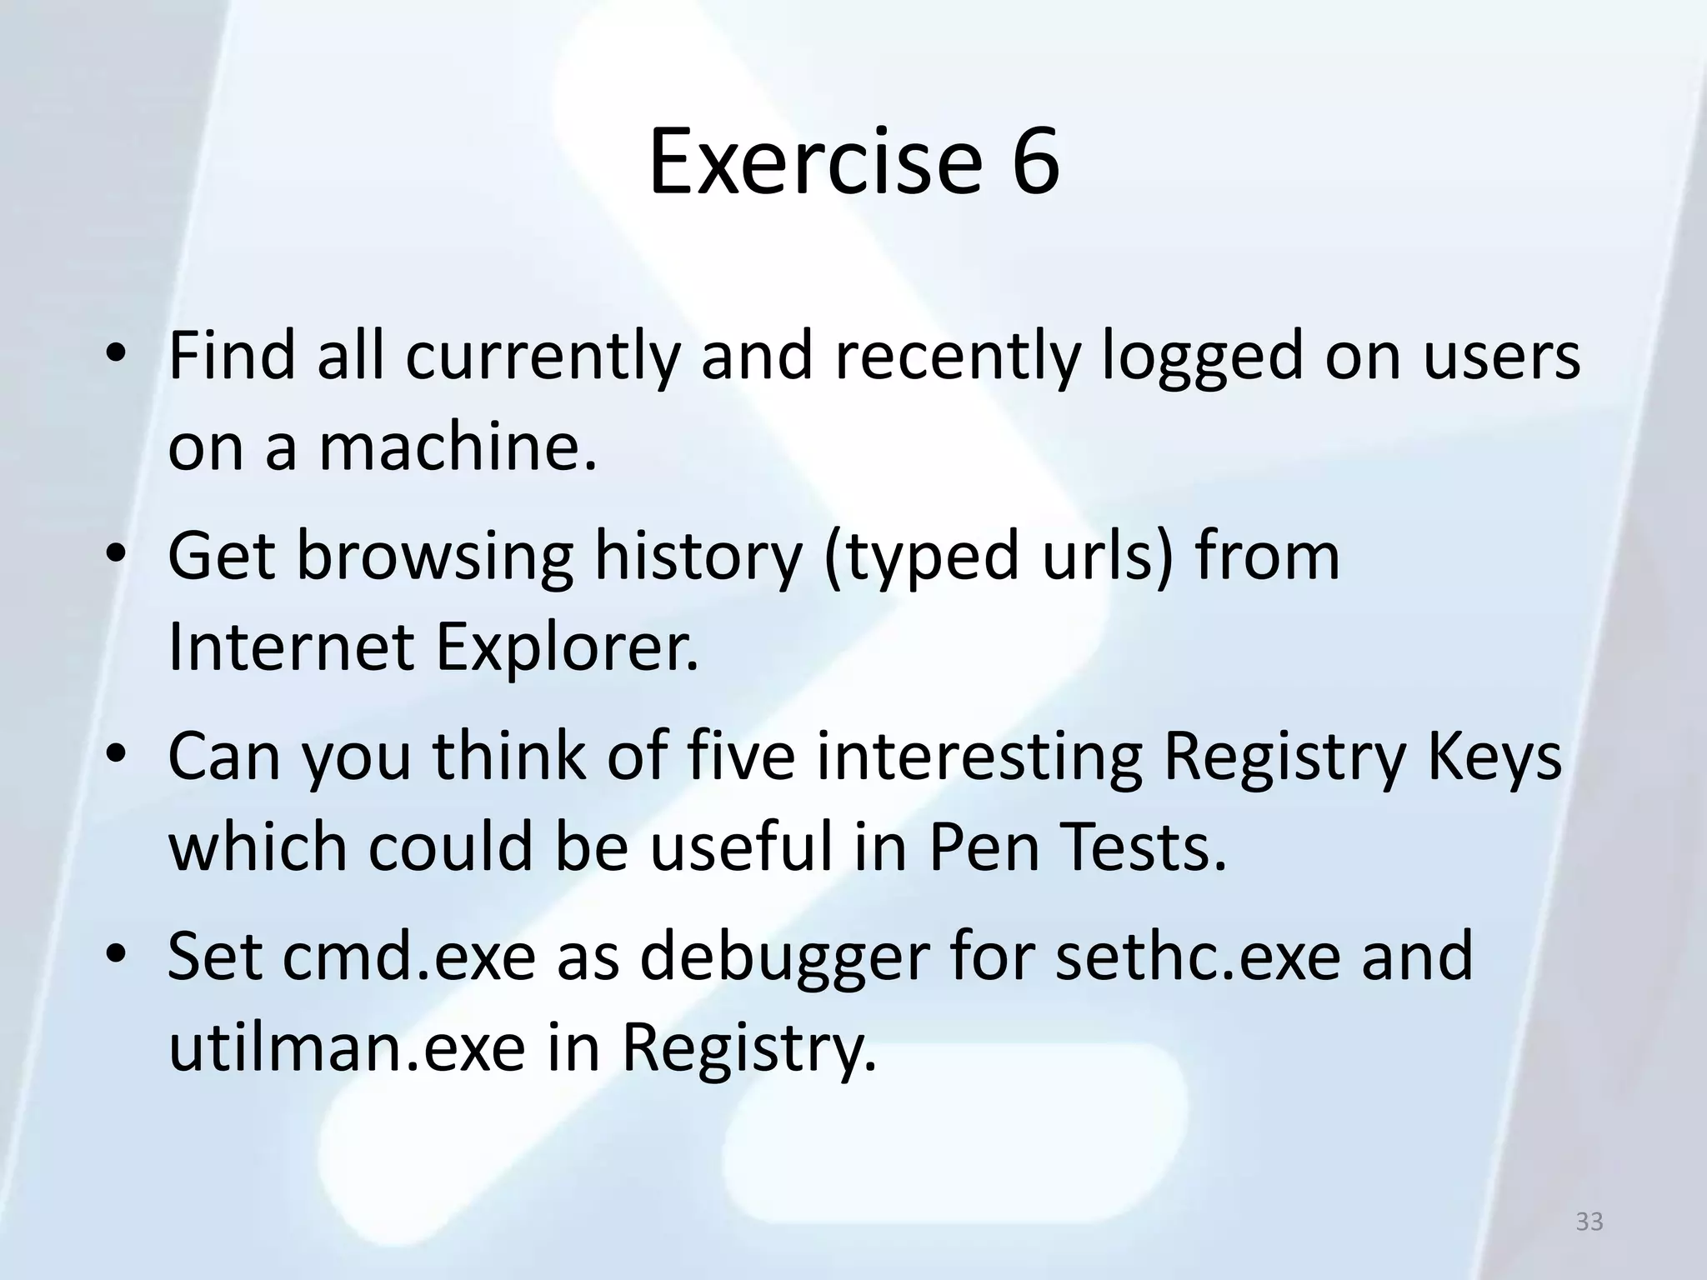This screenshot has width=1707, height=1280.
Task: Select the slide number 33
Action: (1589, 1222)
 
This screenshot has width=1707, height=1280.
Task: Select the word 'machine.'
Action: (458, 447)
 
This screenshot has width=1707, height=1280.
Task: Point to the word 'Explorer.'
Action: (567, 647)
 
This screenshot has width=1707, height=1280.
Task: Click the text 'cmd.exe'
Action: (409, 956)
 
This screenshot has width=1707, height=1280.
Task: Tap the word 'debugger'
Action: (784, 956)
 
